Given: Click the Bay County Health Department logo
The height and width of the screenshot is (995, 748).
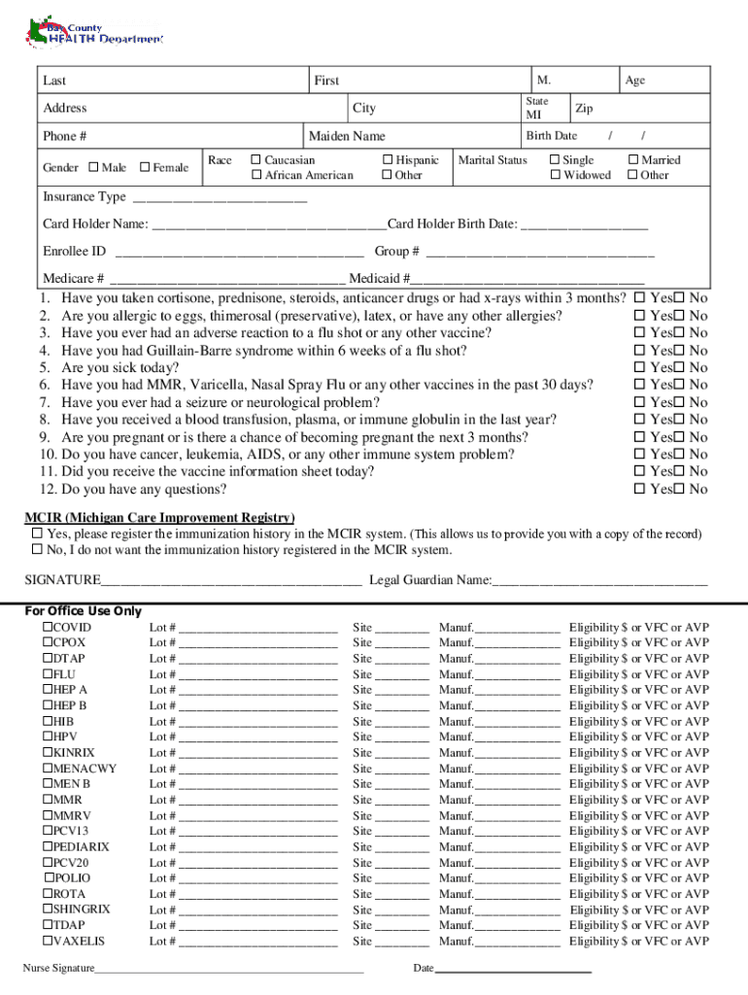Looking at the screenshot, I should tap(92, 32).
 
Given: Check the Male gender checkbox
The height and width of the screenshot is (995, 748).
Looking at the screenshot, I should tap(93, 167).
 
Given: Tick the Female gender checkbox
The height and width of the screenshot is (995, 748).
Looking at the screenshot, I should tap(145, 167).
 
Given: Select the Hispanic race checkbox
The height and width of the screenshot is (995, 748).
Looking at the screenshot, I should tap(388, 160).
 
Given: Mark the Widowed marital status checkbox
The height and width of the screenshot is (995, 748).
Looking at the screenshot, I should tap(555, 176).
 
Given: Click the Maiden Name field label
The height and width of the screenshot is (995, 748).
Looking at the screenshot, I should tap(346, 136).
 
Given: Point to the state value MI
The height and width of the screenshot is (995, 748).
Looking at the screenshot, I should tap(534, 116).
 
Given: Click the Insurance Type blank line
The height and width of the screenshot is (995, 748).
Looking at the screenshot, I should tap(219, 199).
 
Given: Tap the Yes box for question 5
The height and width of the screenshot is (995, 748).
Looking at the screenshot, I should tap(639, 368).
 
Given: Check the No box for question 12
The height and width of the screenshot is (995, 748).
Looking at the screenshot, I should tap(680, 490).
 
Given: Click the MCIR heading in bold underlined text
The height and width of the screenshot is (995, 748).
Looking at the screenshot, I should tap(159, 518).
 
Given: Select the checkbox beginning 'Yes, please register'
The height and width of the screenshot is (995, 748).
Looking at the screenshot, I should tap(37, 533).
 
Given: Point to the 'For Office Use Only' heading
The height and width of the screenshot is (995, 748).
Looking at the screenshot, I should tap(83, 611).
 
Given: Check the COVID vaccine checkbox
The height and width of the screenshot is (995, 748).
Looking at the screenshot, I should tap(46, 628).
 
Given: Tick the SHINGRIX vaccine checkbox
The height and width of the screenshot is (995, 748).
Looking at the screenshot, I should tap(46, 909).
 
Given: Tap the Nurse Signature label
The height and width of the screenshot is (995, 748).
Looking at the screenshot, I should tap(58, 969).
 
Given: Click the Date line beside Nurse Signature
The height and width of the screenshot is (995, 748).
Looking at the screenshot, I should tap(513, 971).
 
